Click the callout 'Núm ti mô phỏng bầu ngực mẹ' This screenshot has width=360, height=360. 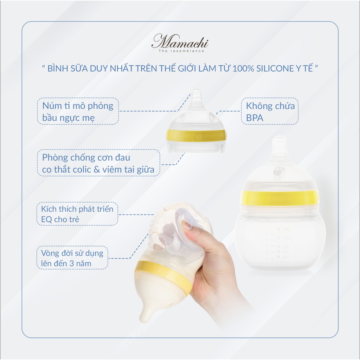click(78, 111)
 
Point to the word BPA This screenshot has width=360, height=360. click(255, 117)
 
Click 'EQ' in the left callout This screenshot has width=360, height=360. click(46, 219)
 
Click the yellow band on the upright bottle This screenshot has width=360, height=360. click(279, 198)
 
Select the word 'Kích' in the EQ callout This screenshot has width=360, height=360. click(48, 209)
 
